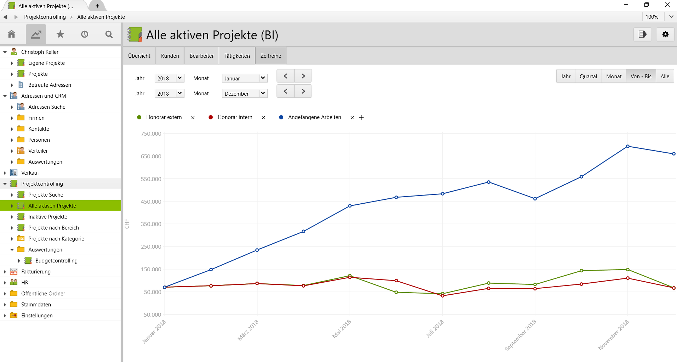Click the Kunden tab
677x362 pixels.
pos(170,56)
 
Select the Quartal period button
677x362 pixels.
pos(588,76)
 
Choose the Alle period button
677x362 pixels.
pos(665,76)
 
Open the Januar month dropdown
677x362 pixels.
pos(244,78)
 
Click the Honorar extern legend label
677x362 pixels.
pos(164,117)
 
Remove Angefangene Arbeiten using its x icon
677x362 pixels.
pos(352,118)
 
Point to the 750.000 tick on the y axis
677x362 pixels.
pos(151,134)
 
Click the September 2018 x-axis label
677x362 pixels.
pos(520,335)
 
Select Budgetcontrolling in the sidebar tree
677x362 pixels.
pos(56,260)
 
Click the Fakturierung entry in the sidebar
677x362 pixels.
pos(36,272)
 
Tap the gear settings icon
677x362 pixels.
pos(665,34)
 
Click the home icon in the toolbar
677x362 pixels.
pos(12,34)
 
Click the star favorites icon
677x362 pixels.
pos(60,34)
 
